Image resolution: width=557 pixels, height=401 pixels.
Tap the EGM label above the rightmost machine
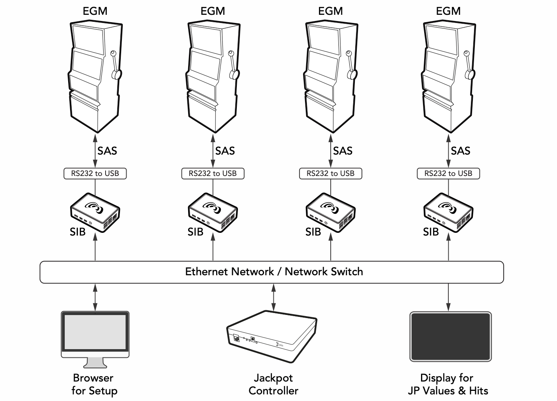click(448, 11)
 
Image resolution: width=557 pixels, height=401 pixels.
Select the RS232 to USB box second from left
click(213, 174)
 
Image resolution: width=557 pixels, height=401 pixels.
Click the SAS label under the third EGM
click(343, 151)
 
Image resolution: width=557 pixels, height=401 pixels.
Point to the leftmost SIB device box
click(95, 212)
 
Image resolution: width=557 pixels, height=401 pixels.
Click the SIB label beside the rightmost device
click(431, 232)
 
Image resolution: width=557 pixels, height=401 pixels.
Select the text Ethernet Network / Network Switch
click(274, 271)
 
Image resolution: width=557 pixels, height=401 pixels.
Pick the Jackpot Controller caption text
click(273, 384)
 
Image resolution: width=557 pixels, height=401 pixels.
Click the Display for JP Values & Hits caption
click(448, 384)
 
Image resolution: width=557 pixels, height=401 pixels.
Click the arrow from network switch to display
click(448, 297)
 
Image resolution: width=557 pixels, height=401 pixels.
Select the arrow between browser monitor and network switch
click(95, 297)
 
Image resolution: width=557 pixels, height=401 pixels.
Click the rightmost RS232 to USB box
click(448, 174)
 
